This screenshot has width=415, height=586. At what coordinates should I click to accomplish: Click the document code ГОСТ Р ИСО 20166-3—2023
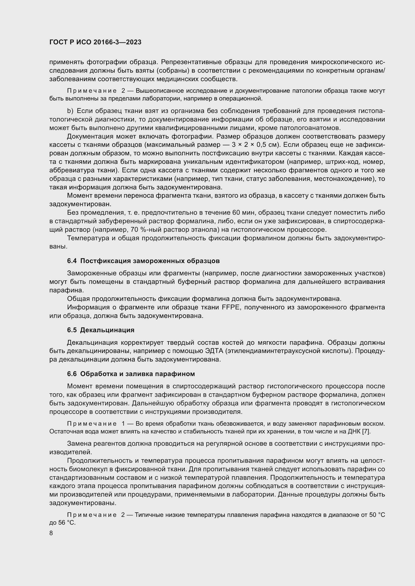pyautogui.click(x=95, y=42)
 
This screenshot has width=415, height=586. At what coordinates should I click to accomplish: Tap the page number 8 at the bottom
pyautogui.click(x=51, y=533)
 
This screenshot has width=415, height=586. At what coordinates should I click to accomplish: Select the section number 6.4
pyautogui.click(x=72, y=261)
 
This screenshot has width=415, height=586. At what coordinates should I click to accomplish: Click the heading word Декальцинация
pyautogui.click(x=107, y=330)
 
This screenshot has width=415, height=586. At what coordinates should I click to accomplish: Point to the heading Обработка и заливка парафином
pyautogui.click(x=137, y=374)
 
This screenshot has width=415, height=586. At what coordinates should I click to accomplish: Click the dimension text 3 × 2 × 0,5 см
pyautogui.click(x=255, y=145)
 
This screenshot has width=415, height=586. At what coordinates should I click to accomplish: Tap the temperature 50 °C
pyautogui.click(x=377, y=515)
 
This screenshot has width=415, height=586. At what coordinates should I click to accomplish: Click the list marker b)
pyautogui.click(x=70, y=111)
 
